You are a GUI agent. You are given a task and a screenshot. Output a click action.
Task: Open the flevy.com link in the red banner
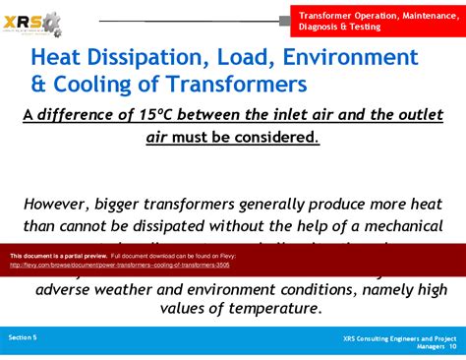(119, 265)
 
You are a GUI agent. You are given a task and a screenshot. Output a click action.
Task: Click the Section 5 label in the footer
(23, 337)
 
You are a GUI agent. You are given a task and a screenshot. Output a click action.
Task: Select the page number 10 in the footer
(451, 346)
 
